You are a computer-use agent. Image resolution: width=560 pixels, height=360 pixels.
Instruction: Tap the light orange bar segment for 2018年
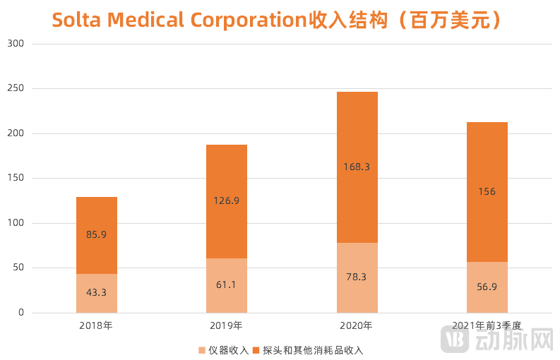97,300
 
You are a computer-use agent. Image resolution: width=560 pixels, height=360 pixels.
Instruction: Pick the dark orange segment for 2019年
227,176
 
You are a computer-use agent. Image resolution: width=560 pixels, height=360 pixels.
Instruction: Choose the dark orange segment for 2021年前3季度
487,162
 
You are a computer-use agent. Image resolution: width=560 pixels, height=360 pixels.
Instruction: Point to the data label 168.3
357,167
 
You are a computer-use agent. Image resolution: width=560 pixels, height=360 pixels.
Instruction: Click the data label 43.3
97,292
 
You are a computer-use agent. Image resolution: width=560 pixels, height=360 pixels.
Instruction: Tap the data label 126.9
227,200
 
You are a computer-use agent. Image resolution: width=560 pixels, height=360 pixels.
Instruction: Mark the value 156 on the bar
487,191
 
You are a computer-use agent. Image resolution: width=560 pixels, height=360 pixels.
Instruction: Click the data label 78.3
357,277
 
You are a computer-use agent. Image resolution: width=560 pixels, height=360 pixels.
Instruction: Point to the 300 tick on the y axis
16,44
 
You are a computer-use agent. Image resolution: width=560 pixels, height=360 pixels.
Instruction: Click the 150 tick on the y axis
16,178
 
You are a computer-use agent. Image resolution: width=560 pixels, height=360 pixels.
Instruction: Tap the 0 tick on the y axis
21,313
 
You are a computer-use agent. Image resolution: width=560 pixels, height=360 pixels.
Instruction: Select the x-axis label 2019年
227,326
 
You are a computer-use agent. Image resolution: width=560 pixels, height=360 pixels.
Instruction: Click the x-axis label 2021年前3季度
487,326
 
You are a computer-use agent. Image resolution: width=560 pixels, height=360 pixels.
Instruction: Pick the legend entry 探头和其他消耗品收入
311,349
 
